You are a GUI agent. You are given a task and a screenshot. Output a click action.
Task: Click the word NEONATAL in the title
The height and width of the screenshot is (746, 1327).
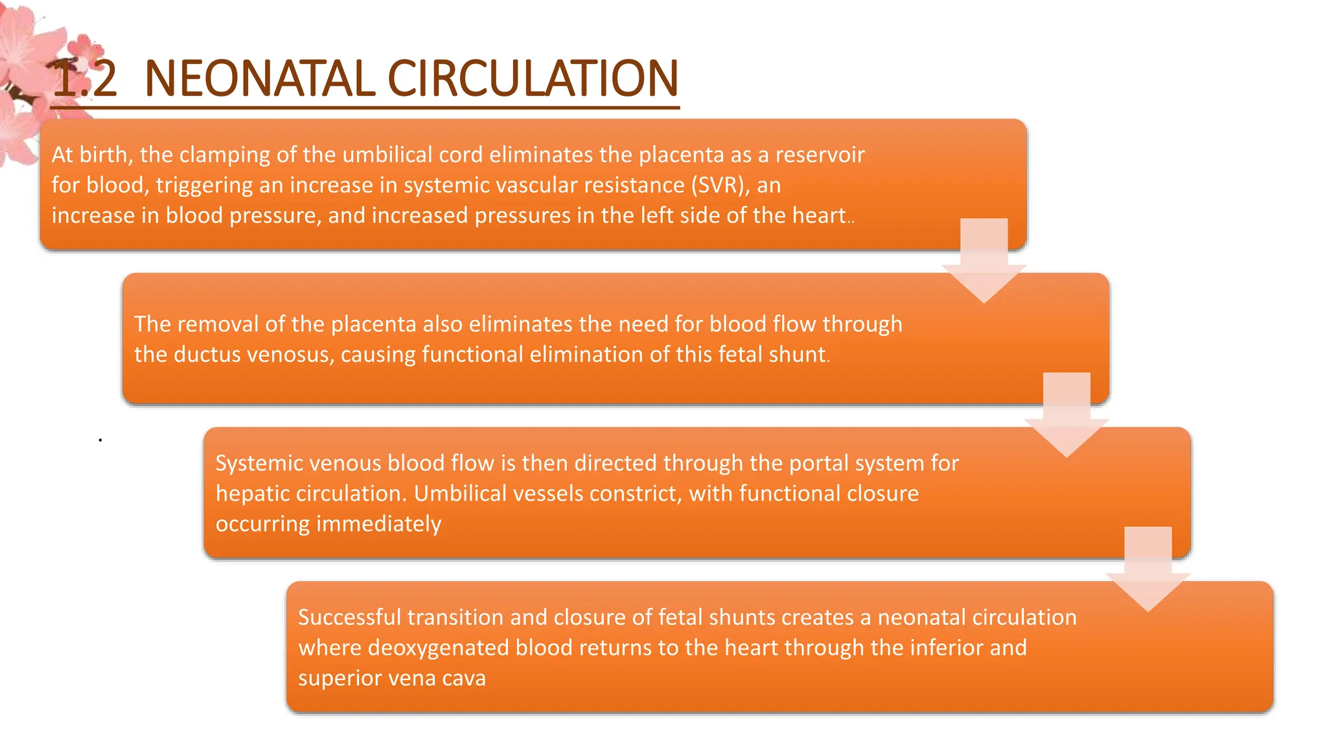pos(259,78)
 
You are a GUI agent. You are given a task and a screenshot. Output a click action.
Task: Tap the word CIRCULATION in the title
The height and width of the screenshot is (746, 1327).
pos(533,78)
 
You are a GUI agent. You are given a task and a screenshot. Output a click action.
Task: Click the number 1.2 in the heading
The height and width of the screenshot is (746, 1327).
pos(85,78)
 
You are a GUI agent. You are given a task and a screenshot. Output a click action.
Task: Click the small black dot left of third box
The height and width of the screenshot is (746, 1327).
pos(100,440)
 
